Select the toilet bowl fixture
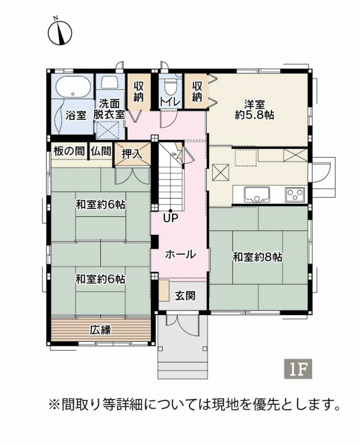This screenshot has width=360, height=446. click(171, 88)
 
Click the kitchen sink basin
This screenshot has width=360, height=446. click(257, 194)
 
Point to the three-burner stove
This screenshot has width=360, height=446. click(295, 195)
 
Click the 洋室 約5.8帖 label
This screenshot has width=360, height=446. click(255, 110)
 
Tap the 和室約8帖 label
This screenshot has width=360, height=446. click(257, 257)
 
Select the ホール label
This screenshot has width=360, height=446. click(181, 254)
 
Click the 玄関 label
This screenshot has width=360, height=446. click(185, 296)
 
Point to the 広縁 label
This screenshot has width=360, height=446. click(101, 330)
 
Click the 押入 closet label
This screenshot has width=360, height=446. click(132, 154)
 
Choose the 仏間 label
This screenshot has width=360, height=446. click(101, 151)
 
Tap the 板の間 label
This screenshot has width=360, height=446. click(70, 151)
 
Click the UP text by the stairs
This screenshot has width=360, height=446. click(171, 219)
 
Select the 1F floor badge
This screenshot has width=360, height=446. click(298, 369)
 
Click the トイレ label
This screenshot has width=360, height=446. click(171, 103)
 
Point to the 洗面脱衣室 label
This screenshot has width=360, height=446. click(109, 109)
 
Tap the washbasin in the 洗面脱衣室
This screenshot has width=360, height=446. click(109, 83)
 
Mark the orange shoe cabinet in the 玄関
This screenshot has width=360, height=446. click(164, 290)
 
